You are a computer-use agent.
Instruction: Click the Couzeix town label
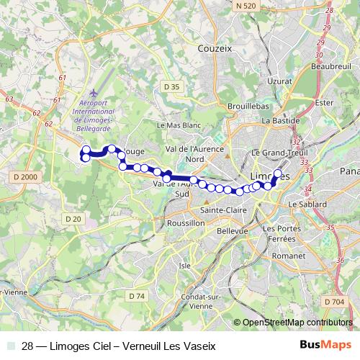(x=215, y=49)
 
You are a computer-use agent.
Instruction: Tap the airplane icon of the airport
(x=94, y=94)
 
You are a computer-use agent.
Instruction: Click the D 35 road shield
(x=171, y=86)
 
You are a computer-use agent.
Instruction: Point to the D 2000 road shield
(x=24, y=176)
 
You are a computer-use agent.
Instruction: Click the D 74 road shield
(x=137, y=296)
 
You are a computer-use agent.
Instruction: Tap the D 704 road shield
(x=334, y=301)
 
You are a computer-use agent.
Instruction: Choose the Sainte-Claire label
(x=222, y=210)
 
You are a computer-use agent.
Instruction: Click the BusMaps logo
(x=325, y=346)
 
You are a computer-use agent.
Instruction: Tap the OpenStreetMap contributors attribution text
(x=297, y=323)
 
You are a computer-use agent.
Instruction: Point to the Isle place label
(x=186, y=265)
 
